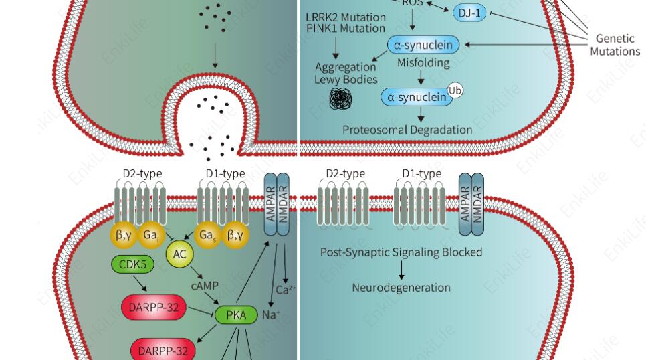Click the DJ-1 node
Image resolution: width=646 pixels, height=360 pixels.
coord(471,13)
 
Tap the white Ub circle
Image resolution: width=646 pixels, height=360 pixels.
coord(455,90)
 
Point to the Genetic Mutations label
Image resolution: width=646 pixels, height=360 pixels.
coord(614,46)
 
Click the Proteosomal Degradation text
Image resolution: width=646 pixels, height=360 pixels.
coord(407,130)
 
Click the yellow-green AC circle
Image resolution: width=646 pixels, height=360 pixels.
coord(179,255)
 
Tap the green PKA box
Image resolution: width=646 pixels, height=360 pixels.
coord(237,314)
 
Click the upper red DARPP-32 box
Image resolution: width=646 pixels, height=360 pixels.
coord(153,307)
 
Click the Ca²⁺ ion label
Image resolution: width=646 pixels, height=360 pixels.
coord(286,290)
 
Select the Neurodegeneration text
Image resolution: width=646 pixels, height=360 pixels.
coord(401,288)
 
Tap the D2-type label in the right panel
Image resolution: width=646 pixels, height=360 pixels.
coord(345,174)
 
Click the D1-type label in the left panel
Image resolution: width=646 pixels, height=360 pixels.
coord(225,174)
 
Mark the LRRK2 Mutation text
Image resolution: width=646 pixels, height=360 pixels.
coord(345,17)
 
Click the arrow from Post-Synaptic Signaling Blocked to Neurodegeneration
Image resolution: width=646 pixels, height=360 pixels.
coord(401,270)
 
